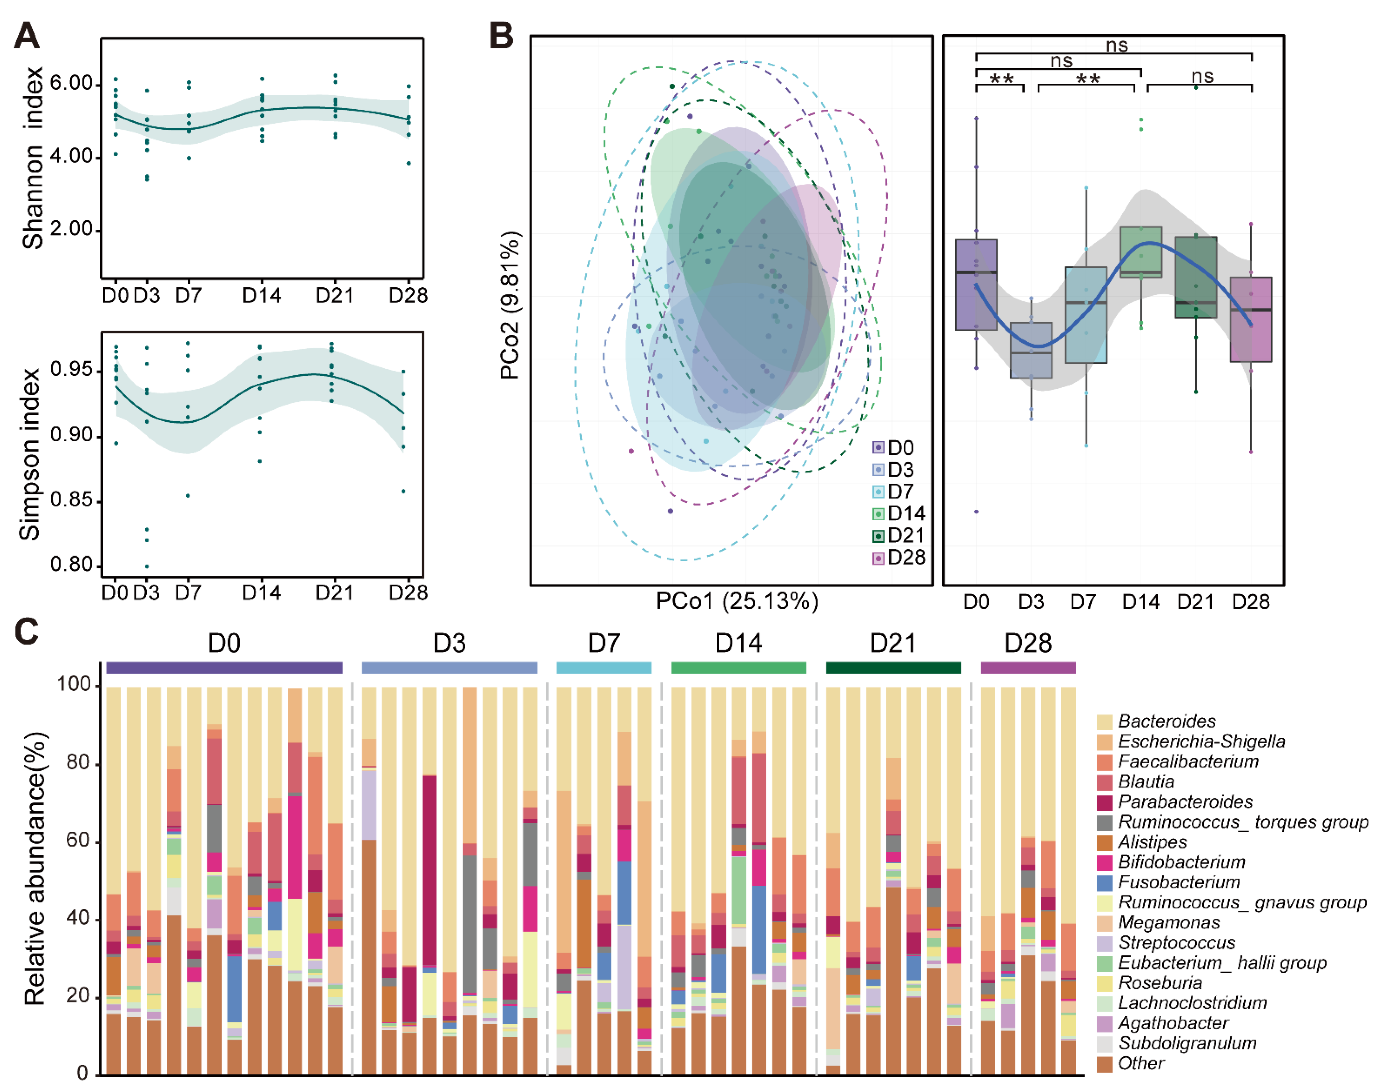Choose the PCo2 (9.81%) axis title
tap(510, 305)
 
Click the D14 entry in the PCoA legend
tap(899, 513)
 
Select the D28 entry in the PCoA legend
tap(899, 558)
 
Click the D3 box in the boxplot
tap(1031, 350)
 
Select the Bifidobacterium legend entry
tap(1181, 862)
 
